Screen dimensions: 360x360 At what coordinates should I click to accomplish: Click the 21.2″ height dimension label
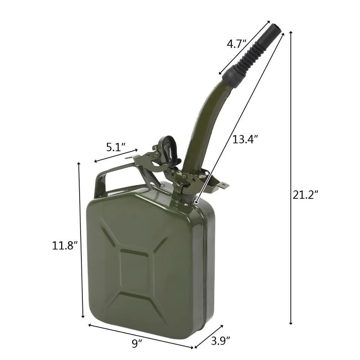(306, 195)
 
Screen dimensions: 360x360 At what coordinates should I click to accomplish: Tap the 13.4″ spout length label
(245, 139)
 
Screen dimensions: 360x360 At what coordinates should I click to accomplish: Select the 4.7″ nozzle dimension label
(236, 44)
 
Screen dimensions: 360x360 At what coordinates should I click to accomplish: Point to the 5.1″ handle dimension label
(116, 147)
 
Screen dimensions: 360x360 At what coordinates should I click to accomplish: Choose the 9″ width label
(137, 344)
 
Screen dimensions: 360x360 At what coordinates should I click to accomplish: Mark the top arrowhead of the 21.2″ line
(291, 33)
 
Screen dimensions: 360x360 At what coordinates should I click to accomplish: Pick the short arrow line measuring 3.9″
(209, 336)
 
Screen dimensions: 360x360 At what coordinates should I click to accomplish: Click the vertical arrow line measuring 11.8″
(81, 241)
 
